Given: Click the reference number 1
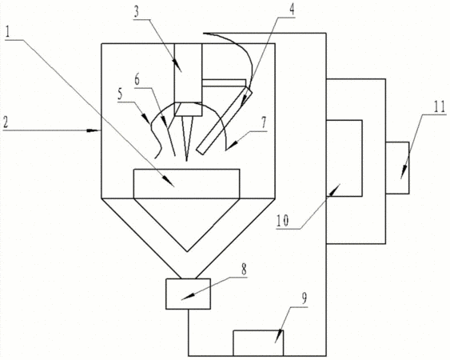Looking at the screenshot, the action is (x=8, y=33).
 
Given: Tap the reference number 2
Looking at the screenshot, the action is (x=6, y=122).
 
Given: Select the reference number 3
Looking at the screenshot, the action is (x=137, y=12).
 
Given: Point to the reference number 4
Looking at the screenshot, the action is (x=291, y=10).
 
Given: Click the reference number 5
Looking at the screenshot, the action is (x=120, y=94).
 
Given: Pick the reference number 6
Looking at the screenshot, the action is (x=137, y=79).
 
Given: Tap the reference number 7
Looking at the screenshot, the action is (x=263, y=122).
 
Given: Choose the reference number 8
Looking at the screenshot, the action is (x=244, y=270).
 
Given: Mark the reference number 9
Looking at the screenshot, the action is (x=305, y=298).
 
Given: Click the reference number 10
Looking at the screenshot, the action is (x=283, y=221).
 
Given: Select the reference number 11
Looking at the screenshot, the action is (x=440, y=106).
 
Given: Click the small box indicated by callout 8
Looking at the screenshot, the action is (x=188, y=294).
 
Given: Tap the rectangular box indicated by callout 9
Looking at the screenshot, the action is (x=258, y=343).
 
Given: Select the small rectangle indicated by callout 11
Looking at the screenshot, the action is (x=397, y=168).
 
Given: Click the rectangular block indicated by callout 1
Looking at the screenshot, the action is (x=186, y=183).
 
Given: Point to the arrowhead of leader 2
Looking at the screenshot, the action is (x=94, y=130).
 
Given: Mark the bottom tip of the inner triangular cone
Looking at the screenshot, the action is (x=187, y=252).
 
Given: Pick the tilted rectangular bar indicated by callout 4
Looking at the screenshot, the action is (x=225, y=121).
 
